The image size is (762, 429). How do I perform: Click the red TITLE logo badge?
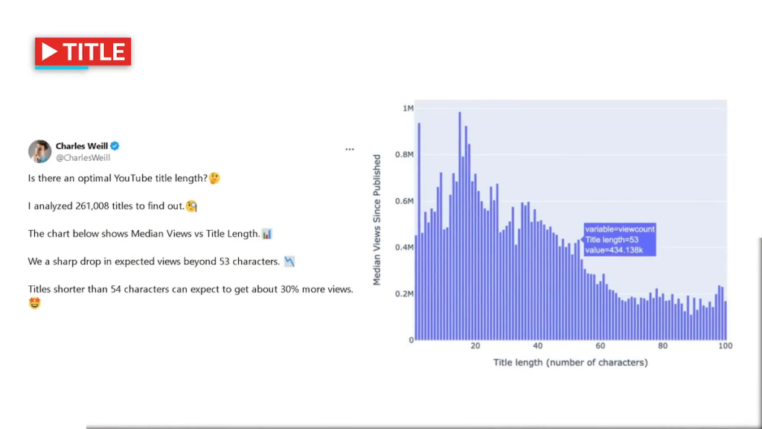click(x=83, y=52)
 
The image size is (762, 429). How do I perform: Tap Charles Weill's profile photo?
click(x=39, y=151)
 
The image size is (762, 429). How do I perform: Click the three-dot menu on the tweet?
click(x=350, y=150)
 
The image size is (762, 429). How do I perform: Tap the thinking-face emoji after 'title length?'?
click(x=214, y=179)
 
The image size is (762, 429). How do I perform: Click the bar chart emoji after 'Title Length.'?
click(x=267, y=234)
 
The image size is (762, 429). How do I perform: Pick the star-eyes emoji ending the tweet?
click(x=35, y=303)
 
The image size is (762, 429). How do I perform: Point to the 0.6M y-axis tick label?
click(x=404, y=201)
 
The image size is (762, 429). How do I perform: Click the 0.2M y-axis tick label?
click(x=404, y=294)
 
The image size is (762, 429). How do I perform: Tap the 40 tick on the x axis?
click(x=538, y=346)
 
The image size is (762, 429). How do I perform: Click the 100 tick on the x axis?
click(x=726, y=346)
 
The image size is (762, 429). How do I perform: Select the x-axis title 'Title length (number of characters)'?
click(x=570, y=363)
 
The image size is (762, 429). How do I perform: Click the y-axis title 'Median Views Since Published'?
click(x=377, y=220)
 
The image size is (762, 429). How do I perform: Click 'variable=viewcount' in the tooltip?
click(x=619, y=229)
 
